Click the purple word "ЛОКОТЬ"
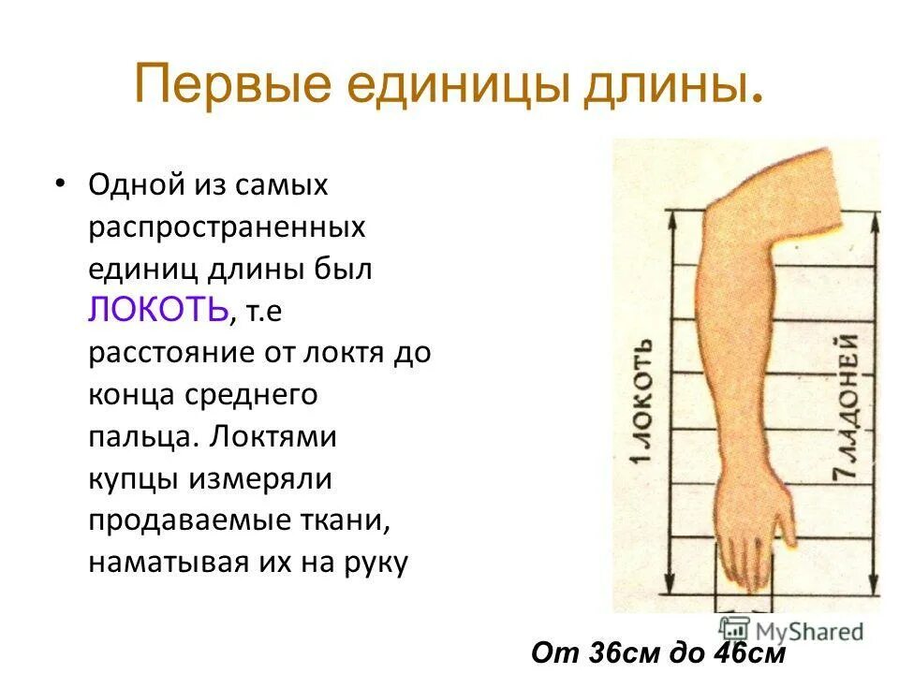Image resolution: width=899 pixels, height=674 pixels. click(x=158, y=310)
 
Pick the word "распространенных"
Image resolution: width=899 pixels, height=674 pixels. click(x=227, y=227)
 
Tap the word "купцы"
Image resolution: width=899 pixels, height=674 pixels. click(x=135, y=479)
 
